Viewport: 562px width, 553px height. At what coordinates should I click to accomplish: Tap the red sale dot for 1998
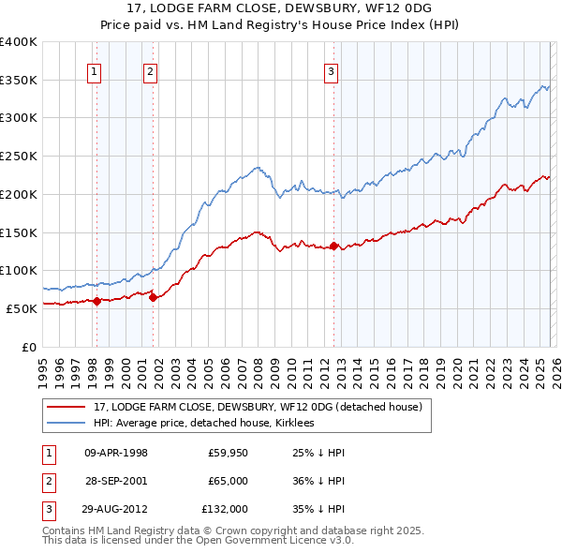point(96,301)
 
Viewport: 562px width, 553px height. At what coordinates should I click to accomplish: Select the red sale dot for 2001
point(154,297)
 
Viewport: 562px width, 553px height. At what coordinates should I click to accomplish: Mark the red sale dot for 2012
point(334,246)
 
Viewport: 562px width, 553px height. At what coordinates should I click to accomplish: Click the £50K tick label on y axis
point(22,307)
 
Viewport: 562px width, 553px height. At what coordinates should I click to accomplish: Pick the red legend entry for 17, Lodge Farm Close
point(259,407)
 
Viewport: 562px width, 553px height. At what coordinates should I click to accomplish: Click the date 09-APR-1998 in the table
point(115,453)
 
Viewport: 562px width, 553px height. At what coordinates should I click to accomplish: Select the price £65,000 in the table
point(228,480)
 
